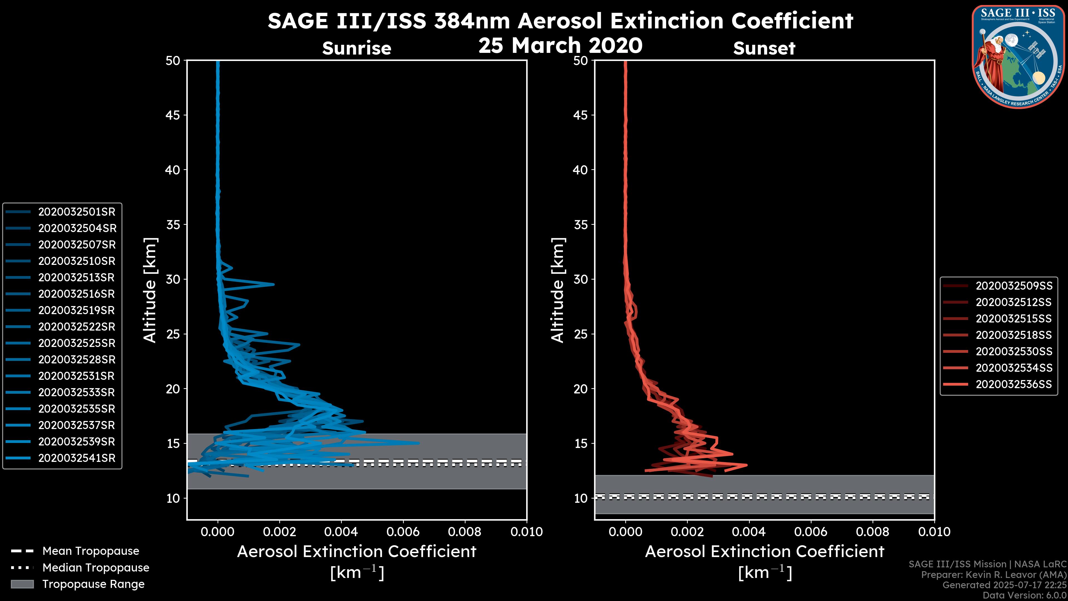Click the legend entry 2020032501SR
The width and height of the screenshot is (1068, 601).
click(x=77, y=212)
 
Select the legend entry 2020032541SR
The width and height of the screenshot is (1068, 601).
click(x=77, y=458)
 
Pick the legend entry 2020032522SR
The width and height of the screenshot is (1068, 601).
click(x=77, y=327)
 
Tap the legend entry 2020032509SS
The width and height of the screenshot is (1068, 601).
click(x=1014, y=286)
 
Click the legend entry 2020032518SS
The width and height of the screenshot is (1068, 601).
click(x=1014, y=335)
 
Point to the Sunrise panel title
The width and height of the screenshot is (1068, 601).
click(x=357, y=48)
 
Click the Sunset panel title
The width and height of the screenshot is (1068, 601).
click(x=764, y=48)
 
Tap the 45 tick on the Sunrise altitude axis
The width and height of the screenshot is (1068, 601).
click(x=173, y=115)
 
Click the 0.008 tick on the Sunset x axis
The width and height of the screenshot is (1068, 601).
click(x=873, y=532)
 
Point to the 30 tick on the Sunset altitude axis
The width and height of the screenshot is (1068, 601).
click(x=581, y=279)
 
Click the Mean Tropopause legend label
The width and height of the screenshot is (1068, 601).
click(x=91, y=551)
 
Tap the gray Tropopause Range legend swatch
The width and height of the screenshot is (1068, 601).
click(x=22, y=584)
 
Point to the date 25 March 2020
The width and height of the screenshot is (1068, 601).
click(x=560, y=45)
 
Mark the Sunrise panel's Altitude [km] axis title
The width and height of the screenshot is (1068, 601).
click(x=150, y=290)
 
